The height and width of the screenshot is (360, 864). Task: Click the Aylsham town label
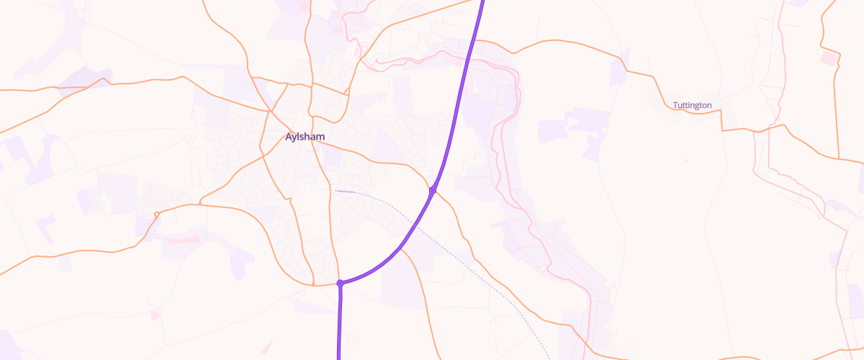pos(305,137)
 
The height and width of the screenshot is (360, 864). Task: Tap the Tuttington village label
pos(692,105)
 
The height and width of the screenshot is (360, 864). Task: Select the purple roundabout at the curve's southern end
pos(340,284)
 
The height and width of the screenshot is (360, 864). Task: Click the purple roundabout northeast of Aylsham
pos(433,190)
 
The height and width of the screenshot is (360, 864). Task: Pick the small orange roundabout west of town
pos(156,214)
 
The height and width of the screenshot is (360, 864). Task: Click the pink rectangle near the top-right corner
pos(830,58)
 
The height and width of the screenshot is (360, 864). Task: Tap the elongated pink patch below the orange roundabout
pos(181,238)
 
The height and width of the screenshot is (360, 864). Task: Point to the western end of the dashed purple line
pos(336,190)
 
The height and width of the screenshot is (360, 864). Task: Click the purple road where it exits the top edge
pos(482,2)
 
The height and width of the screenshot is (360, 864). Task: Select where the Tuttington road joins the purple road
pos(472,42)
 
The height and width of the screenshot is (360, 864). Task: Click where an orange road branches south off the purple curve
pos(402,249)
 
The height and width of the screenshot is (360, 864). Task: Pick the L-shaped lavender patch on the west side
pos(46,228)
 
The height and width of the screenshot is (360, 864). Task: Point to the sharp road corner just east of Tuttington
pos(722,130)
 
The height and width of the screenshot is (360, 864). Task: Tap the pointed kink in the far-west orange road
pos(108,78)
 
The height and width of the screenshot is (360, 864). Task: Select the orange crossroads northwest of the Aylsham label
pos(270,112)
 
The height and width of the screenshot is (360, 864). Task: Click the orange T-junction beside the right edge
pos(839,158)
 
